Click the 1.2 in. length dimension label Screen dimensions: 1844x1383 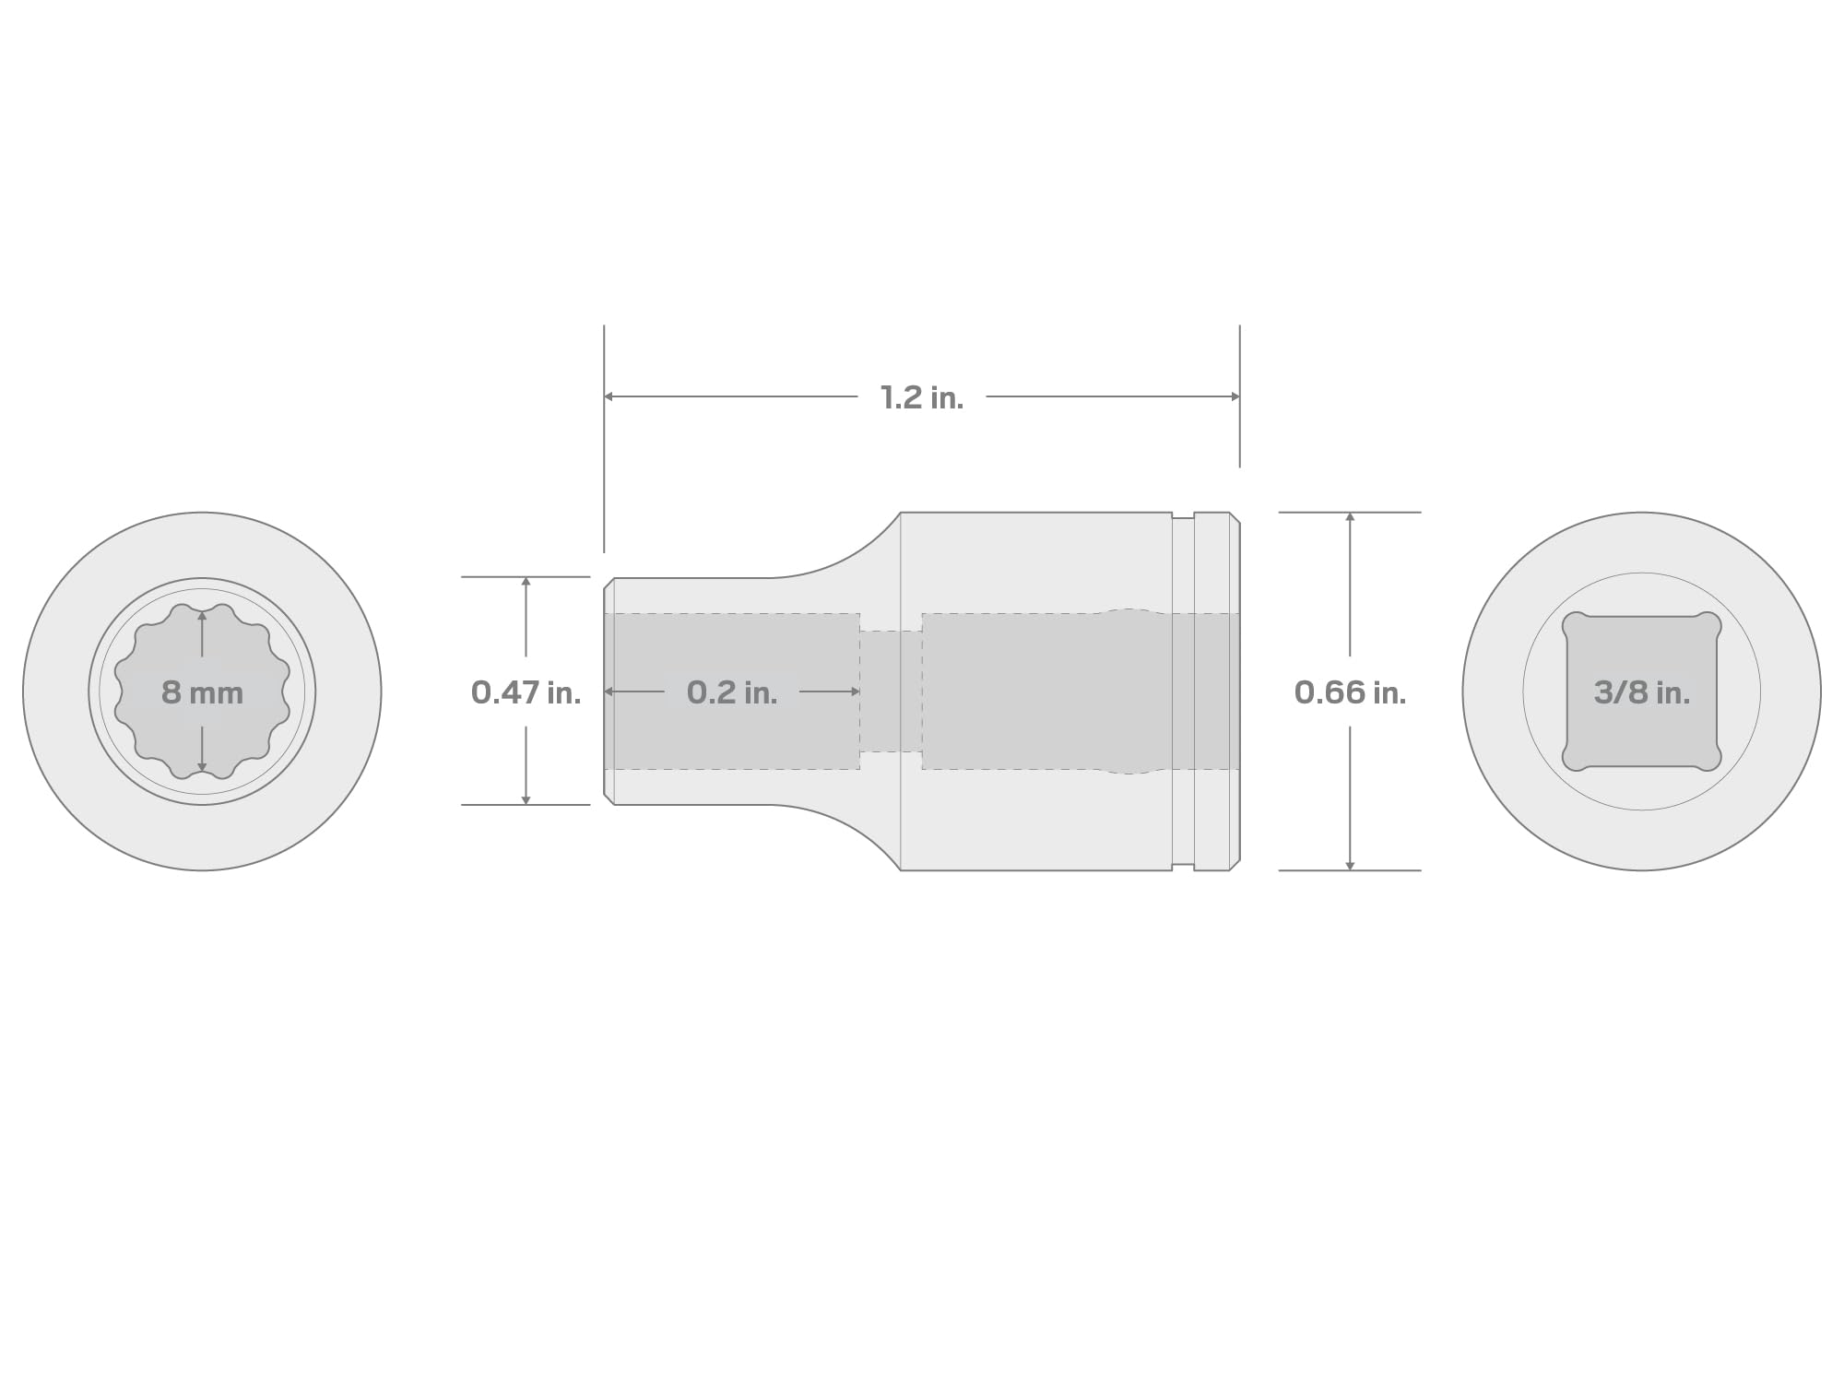point(922,397)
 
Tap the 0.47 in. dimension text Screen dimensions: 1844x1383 point(526,692)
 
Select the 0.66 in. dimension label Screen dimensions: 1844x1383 point(1350,692)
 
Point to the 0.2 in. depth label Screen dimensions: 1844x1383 point(732,692)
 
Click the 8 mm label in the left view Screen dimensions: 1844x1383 point(202,692)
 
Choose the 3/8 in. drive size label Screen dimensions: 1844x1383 point(1642,692)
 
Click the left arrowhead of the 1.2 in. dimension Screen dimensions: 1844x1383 point(609,396)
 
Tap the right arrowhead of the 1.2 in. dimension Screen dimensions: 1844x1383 point(1235,396)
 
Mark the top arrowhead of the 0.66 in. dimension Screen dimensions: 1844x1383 point(1350,517)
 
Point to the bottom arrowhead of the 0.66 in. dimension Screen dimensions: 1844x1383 point(1350,865)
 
